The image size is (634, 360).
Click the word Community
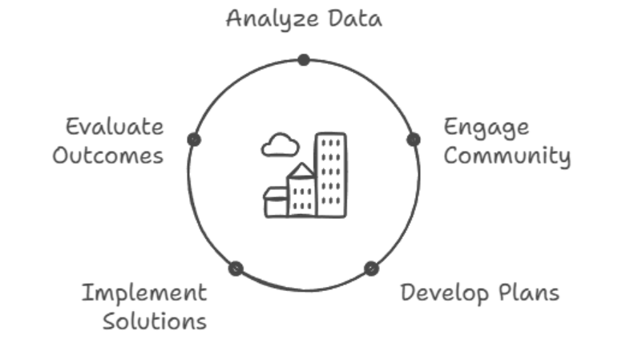(x=507, y=155)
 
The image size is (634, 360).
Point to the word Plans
(x=527, y=292)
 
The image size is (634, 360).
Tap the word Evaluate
(x=114, y=127)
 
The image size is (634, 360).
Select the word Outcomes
(x=107, y=154)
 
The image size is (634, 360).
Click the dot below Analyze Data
(x=303, y=59)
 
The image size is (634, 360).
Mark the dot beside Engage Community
(x=413, y=140)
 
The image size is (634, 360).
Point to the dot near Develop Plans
(x=370, y=269)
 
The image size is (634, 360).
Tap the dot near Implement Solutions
(x=235, y=269)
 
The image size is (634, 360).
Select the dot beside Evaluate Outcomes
(x=193, y=140)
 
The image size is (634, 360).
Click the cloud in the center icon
(x=280, y=145)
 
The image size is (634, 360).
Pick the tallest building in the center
(x=330, y=175)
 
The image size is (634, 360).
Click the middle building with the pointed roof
(x=301, y=195)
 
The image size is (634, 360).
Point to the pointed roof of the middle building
(x=301, y=170)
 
